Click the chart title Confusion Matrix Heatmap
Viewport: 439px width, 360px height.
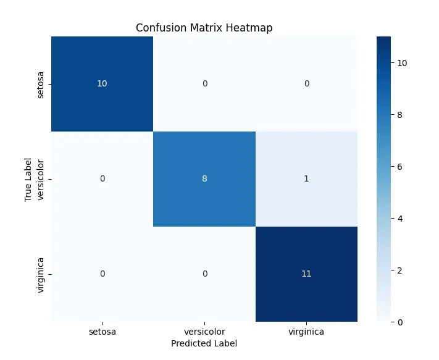tap(204, 28)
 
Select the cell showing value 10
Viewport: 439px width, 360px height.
tap(102, 84)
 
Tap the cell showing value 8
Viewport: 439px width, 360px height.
tap(204, 179)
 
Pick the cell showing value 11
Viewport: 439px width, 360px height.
tap(306, 274)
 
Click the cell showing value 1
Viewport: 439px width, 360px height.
tap(306, 179)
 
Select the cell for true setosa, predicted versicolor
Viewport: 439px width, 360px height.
tap(204, 84)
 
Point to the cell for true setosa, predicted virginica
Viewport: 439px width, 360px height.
tap(306, 84)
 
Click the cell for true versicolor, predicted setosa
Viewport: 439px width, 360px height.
tap(102, 179)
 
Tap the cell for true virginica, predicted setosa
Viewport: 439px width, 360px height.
tap(102, 274)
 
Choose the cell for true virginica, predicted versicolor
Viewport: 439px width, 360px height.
tap(204, 274)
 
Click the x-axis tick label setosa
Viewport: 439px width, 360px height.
tap(102, 332)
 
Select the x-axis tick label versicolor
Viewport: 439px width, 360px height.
tap(204, 332)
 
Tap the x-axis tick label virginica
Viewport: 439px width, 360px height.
tap(306, 332)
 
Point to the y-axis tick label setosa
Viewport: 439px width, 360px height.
tap(41, 84)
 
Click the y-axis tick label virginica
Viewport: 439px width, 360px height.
tap(41, 274)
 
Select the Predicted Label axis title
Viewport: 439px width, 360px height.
tap(204, 343)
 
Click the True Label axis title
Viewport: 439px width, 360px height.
tap(28, 179)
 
